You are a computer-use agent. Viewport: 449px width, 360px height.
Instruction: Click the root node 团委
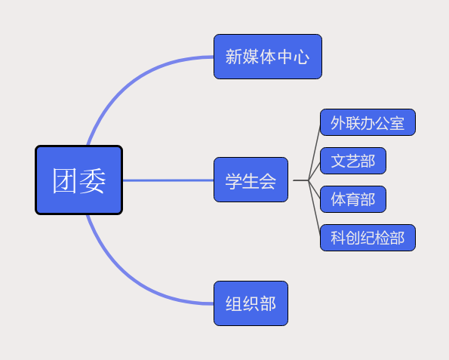click(x=78, y=180)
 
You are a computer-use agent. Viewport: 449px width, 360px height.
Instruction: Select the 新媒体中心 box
click(x=267, y=57)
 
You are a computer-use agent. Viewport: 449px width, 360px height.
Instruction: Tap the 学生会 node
click(x=251, y=180)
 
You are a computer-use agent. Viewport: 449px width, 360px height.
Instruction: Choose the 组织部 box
click(x=251, y=303)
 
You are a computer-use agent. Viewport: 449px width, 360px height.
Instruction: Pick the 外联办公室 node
click(x=368, y=122)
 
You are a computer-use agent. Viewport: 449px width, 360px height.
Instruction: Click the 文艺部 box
click(x=352, y=161)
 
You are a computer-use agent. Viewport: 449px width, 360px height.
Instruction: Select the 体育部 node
click(x=352, y=199)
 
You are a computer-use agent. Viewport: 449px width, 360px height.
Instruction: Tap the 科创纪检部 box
click(x=368, y=238)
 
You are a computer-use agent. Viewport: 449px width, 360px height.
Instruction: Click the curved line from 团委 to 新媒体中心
click(x=128, y=79)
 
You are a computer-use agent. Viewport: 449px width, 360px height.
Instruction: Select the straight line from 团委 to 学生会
click(x=168, y=180)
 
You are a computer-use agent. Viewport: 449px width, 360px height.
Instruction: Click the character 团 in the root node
click(x=66, y=180)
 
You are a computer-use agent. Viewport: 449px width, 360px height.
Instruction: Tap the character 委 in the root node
click(x=93, y=180)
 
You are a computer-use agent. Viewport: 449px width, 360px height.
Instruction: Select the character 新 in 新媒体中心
click(x=234, y=57)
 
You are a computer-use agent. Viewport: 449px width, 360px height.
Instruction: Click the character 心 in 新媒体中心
click(x=301, y=57)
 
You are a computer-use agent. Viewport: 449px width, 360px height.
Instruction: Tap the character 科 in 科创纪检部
click(x=338, y=238)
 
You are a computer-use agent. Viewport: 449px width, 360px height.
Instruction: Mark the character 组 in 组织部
click(x=234, y=304)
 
